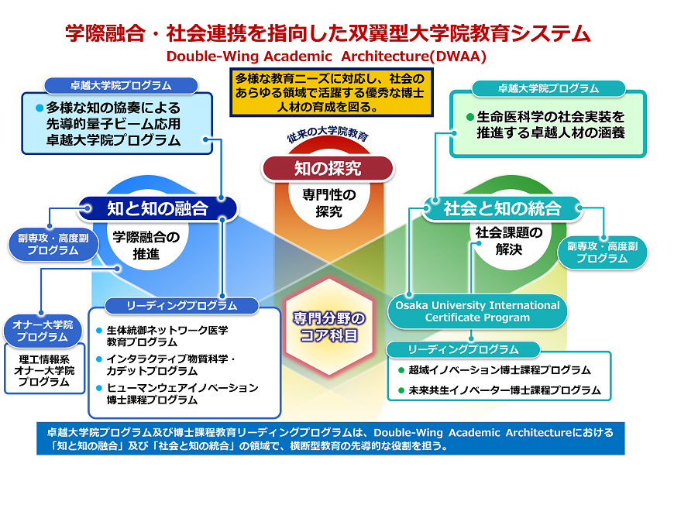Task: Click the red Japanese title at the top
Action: click(328, 33)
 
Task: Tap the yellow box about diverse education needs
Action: click(329, 93)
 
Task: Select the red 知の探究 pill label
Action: click(328, 167)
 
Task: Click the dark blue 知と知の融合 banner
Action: click(158, 208)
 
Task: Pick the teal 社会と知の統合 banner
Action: click(502, 208)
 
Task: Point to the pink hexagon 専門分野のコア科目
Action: click(328, 327)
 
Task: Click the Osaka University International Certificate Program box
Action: click(477, 311)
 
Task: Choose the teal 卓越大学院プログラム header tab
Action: click(548, 88)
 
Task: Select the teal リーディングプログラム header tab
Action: click(463, 349)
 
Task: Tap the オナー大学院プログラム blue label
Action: click(42, 331)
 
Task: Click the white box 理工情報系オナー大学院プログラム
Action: click(45, 370)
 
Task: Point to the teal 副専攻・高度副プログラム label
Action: click(602, 252)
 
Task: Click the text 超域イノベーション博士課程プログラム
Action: click(500, 370)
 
